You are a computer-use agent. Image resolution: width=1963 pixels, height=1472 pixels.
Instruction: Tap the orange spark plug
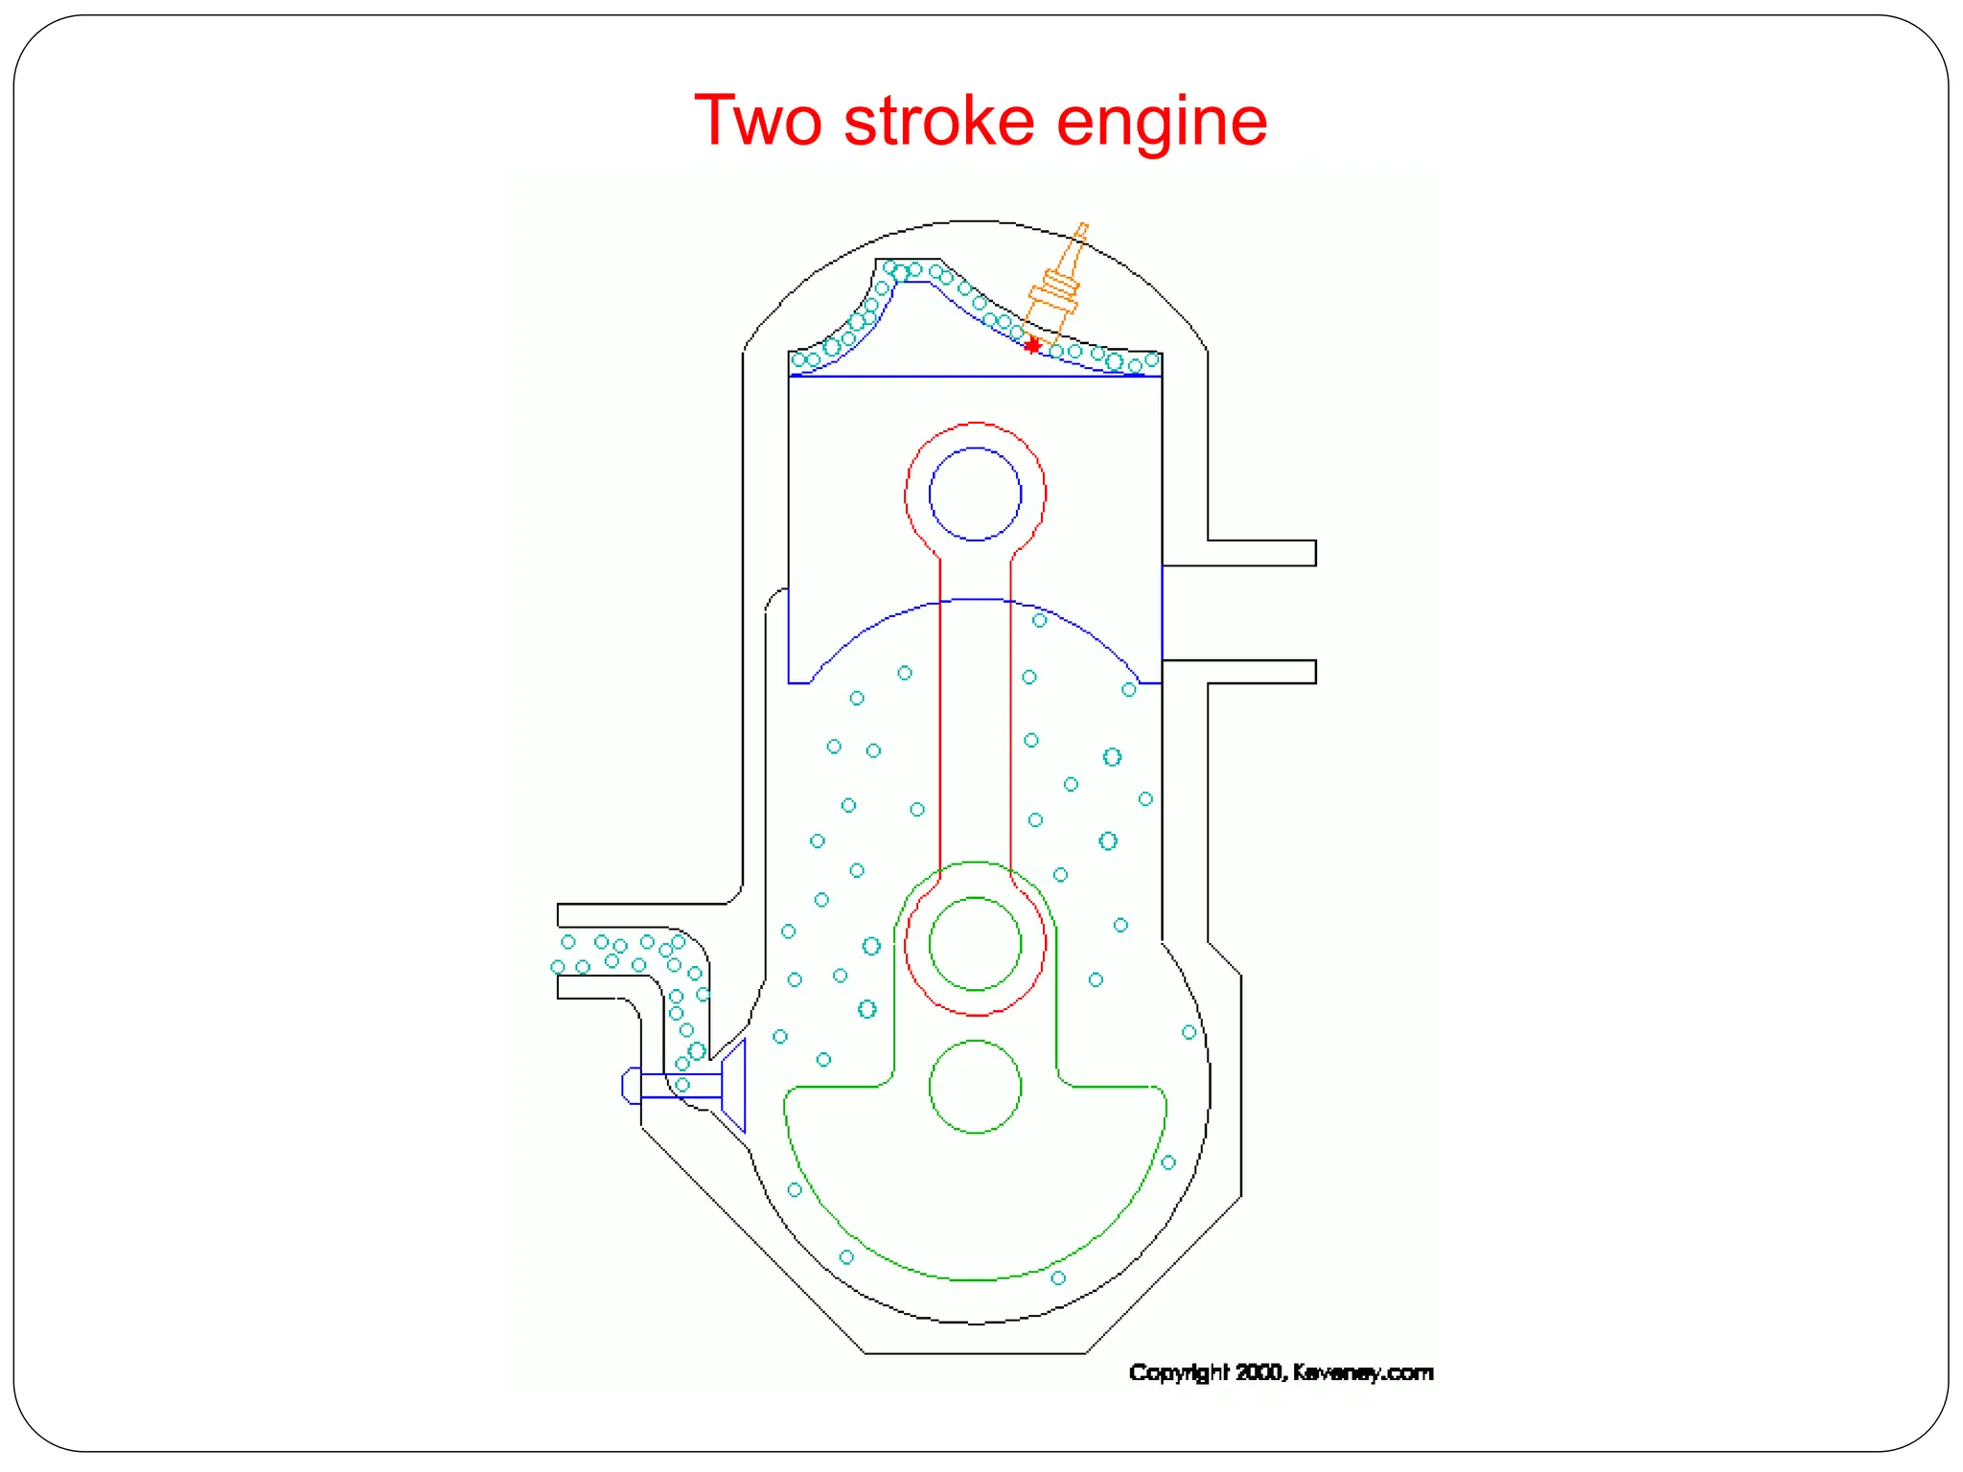(x=1056, y=287)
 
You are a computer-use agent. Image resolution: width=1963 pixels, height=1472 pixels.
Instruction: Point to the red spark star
(x=1031, y=345)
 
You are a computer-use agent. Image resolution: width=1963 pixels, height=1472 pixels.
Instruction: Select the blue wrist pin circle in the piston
(x=975, y=494)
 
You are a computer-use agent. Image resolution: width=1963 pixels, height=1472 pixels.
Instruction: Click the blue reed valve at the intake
(x=732, y=1086)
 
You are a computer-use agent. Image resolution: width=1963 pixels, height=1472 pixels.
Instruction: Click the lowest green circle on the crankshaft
(x=975, y=1086)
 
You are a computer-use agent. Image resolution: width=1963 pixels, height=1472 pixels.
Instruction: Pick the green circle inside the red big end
(x=975, y=943)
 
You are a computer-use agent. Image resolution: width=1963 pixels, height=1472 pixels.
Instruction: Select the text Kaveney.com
(x=1362, y=1372)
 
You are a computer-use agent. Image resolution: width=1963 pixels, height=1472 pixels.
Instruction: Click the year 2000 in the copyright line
(x=1258, y=1372)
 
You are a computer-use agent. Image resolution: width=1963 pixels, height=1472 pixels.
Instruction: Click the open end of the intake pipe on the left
(x=560, y=952)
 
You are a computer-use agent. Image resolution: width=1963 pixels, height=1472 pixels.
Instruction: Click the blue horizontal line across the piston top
(x=975, y=377)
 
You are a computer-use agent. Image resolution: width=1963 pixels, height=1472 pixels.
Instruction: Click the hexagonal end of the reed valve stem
(x=631, y=1086)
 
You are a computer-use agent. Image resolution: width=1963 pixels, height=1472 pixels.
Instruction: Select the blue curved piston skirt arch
(x=975, y=600)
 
